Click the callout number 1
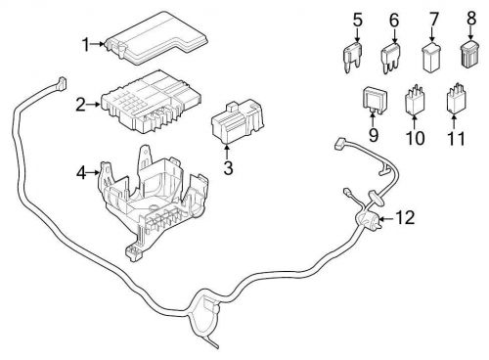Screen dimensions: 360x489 pyautogui.click(x=85, y=43)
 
